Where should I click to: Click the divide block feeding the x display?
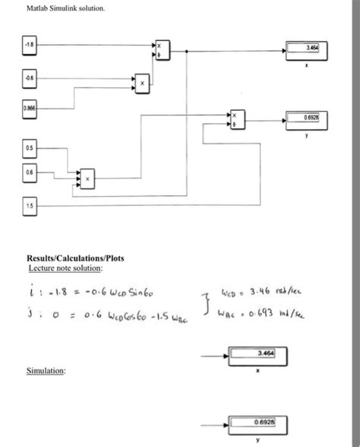click(x=163, y=50)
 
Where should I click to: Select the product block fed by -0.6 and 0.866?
click(x=142, y=81)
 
